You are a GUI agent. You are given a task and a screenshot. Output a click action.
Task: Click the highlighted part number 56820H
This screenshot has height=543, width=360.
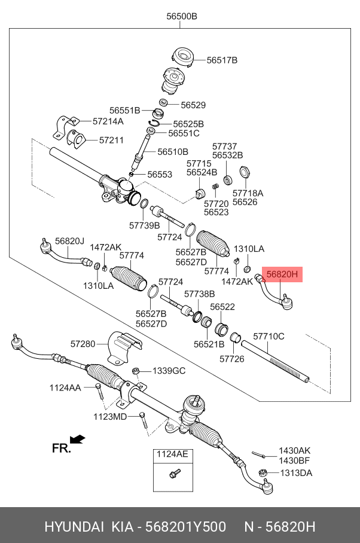[282, 274]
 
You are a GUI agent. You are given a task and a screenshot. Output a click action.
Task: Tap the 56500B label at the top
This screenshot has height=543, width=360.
[182, 17]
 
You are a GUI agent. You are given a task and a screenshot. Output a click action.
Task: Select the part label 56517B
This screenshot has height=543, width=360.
[222, 60]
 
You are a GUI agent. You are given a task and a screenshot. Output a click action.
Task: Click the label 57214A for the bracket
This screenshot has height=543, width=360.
[108, 121]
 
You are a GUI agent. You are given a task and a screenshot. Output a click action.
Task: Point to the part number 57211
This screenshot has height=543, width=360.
[111, 141]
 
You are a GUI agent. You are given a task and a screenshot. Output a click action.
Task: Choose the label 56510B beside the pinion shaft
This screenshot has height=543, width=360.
[173, 152]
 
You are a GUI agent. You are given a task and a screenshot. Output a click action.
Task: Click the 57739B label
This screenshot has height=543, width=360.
[145, 225]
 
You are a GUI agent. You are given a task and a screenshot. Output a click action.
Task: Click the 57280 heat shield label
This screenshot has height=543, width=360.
[83, 344]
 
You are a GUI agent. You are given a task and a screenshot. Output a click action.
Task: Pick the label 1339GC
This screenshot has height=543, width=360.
[169, 371]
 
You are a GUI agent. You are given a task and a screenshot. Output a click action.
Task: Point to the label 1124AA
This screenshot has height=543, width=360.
[65, 388]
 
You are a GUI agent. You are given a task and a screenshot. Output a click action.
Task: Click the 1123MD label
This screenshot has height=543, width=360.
[110, 416]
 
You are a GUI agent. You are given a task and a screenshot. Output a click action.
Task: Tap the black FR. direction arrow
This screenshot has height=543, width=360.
[78, 440]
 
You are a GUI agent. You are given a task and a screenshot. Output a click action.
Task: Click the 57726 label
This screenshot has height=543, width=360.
[231, 359]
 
